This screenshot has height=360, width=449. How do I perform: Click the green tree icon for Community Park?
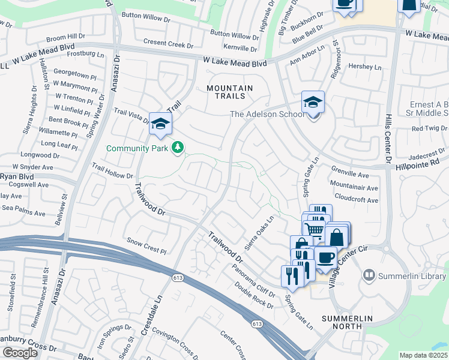(178, 147)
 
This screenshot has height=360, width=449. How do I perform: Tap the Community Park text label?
(138, 148)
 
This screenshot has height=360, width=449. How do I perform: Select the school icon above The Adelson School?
(313, 103)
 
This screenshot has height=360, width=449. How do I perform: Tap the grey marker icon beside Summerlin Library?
(369, 275)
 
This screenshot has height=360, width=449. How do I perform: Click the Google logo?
(20, 353)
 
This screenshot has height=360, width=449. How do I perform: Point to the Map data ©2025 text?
(423, 355)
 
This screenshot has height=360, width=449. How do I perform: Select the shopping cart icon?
(314, 229)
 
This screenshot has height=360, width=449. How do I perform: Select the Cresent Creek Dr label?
(168, 45)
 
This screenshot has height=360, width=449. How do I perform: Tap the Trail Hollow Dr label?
(112, 171)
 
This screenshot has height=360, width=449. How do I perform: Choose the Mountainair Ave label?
(354, 187)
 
